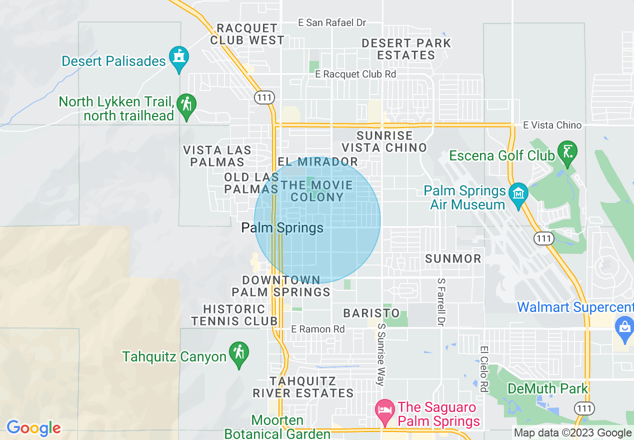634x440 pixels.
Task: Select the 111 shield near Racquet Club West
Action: (263, 97)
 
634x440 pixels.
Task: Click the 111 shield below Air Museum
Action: (543, 238)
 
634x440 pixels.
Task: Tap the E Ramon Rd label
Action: (318, 329)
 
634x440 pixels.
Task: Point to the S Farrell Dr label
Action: (441, 302)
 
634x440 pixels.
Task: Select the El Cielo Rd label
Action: (483, 369)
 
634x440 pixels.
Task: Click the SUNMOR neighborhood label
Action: (453, 258)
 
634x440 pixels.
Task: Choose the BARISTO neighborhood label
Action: (371, 313)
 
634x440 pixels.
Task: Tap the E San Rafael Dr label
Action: (332, 23)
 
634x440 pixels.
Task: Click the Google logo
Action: (33, 428)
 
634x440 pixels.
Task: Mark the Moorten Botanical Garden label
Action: (277, 426)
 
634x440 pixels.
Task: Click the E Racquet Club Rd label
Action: (356, 74)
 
